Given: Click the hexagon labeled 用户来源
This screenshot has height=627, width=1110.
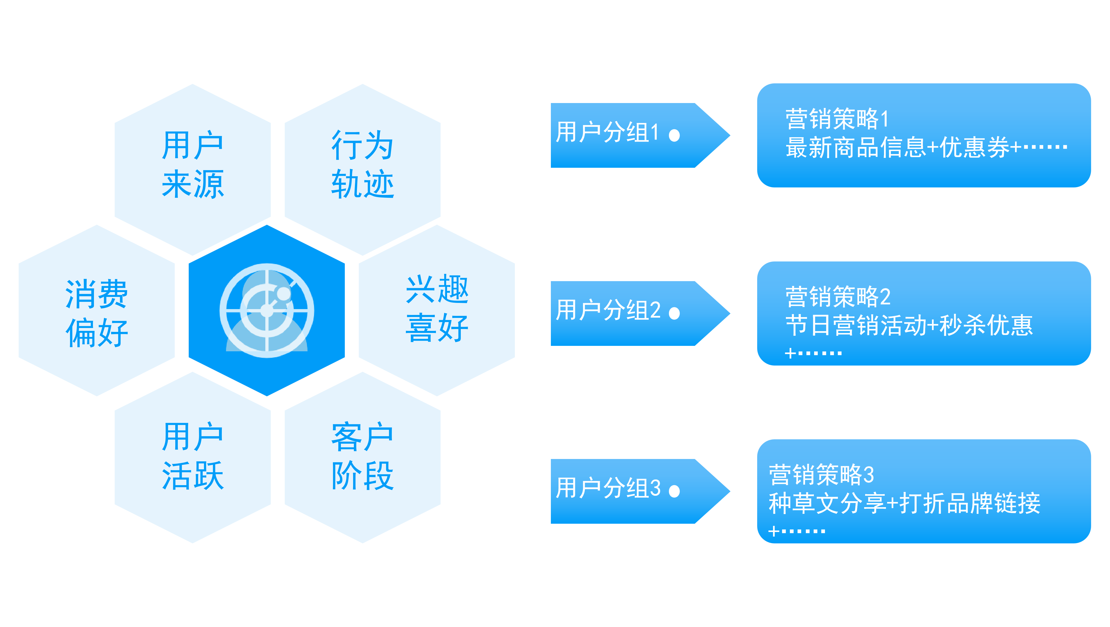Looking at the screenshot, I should coord(193,166).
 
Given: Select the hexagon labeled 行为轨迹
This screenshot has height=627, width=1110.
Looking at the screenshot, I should coord(362,166).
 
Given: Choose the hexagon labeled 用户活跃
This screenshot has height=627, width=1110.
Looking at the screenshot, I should coord(193,457).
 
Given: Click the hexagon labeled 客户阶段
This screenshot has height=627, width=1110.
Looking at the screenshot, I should coord(362,457).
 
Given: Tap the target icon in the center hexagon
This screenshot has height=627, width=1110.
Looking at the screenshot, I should coord(267,311).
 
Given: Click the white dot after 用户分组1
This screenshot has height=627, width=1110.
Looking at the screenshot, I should coord(674,136).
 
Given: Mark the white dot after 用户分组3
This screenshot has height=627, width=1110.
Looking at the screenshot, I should coord(674,491).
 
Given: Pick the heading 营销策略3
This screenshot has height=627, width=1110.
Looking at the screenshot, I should coord(821,475).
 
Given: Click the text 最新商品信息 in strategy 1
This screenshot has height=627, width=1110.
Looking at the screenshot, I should coord(855,147).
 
